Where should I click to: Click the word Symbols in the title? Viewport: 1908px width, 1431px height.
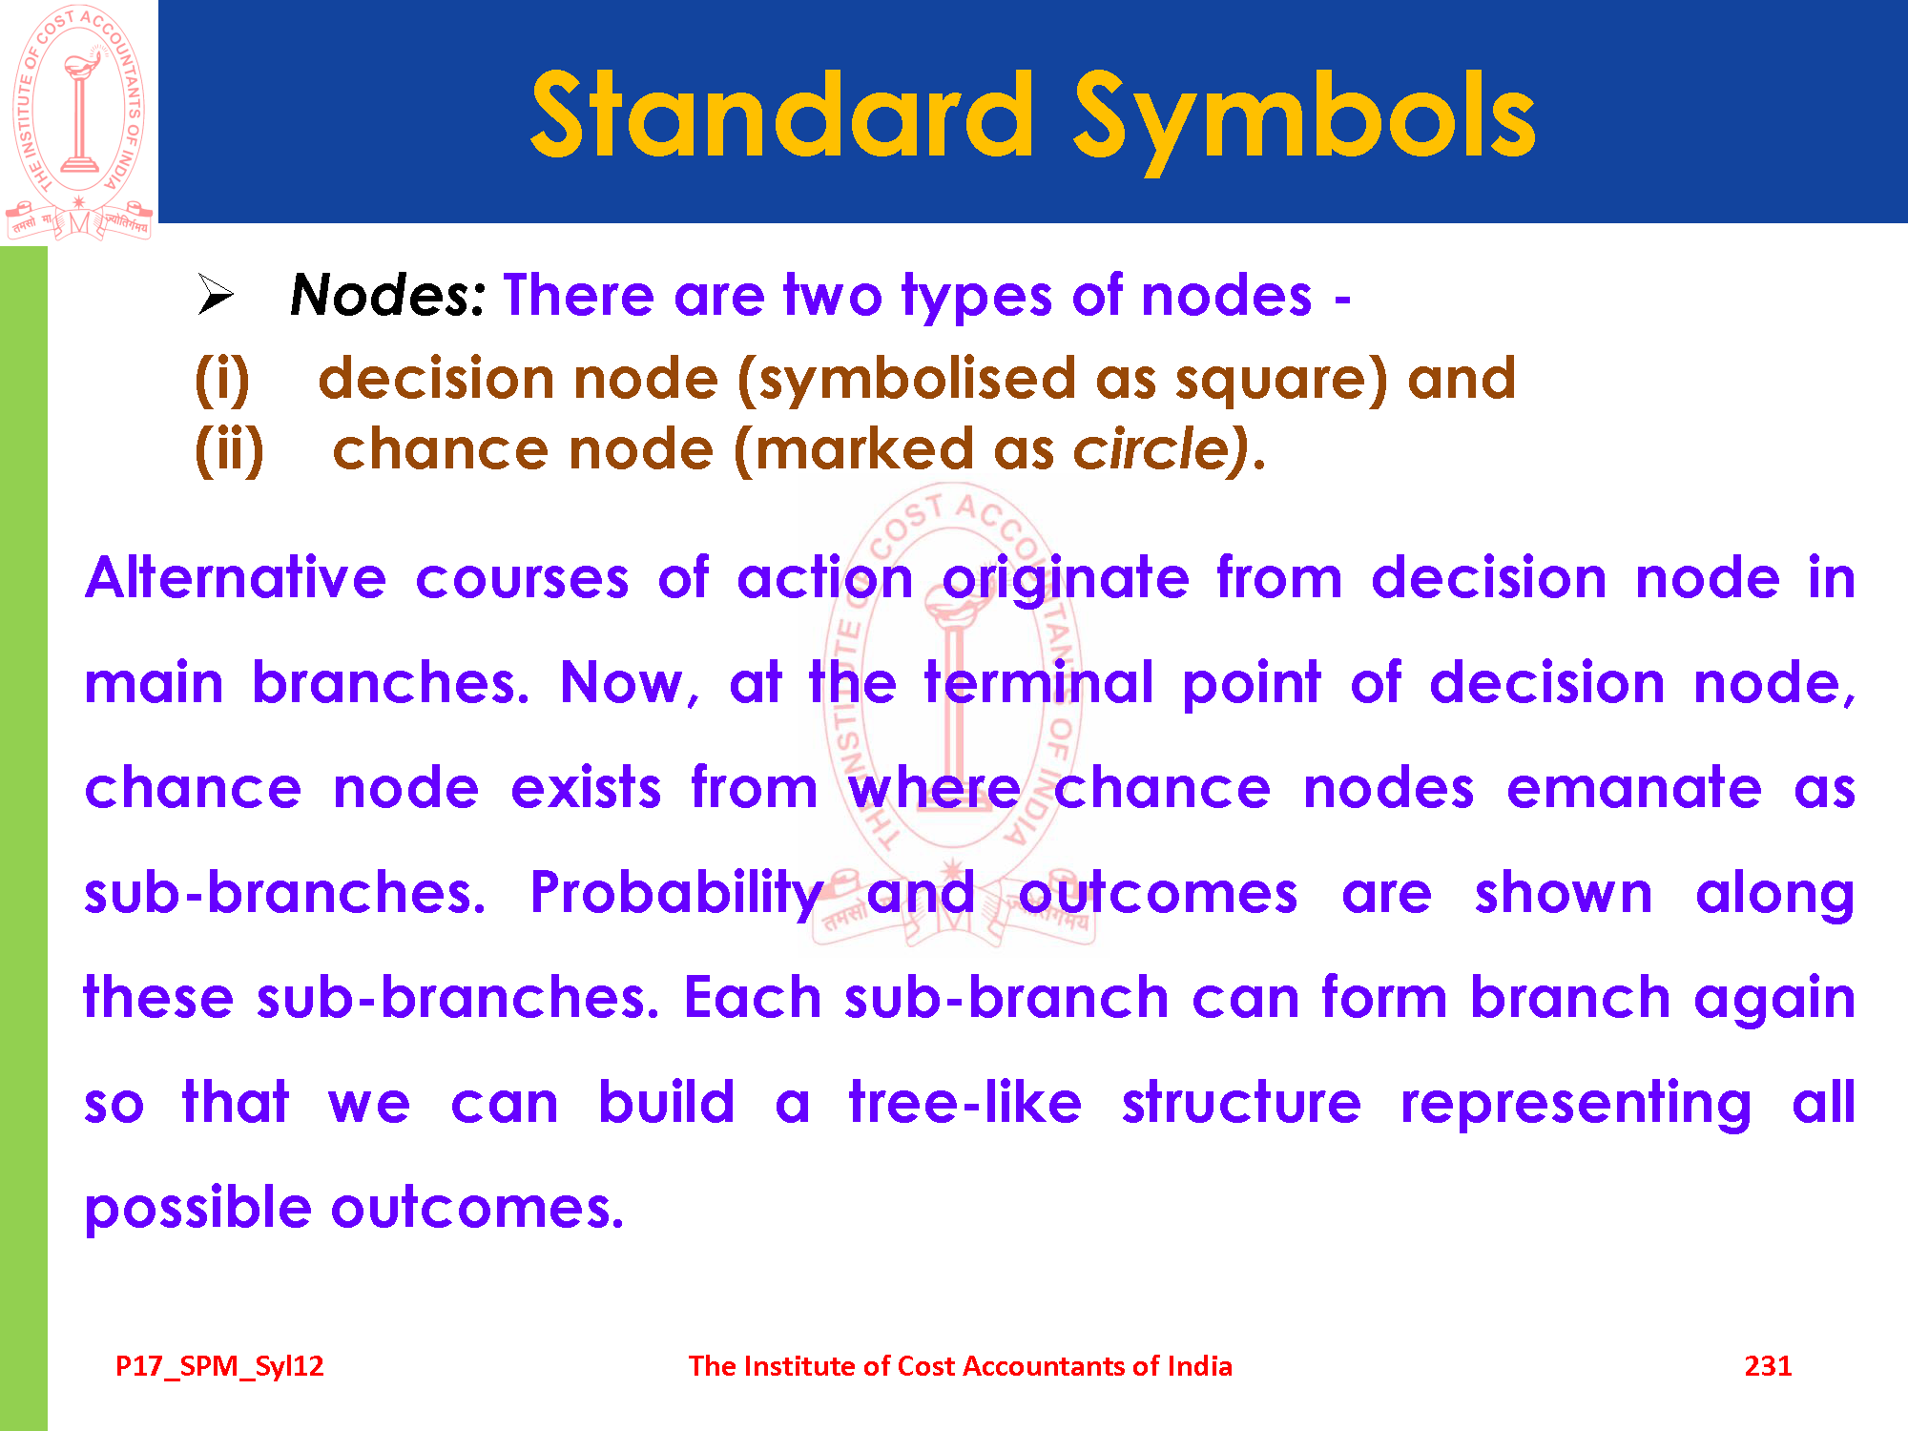[x=1304, y=121]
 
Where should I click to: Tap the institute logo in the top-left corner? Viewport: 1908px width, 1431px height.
[x=78, y=122]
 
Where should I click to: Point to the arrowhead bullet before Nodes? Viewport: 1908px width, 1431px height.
[x=216, y=294]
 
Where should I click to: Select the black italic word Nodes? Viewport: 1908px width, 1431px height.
[x=388, y=295]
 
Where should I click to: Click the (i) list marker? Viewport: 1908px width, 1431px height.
[x=222, y=379]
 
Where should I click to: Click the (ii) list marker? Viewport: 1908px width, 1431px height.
[x=229, y=449]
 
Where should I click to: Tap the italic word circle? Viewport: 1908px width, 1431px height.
[x=1154, y=449]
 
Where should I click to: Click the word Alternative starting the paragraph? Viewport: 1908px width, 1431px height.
[x=236, y=578]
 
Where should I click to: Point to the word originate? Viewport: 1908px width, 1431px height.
[x=1066, y=580]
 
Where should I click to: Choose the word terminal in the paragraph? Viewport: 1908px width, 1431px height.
[x=1039, y=683]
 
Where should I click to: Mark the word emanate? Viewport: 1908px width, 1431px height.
[x=1633, y=789]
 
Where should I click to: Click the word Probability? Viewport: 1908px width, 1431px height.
[x=677, y=895]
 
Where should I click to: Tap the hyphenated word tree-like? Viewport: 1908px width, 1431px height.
[x=964, y=1103]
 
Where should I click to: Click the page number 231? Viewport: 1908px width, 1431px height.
[x=1768, y=1366]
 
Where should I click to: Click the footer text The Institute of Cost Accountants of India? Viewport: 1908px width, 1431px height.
[x=960, y=1366]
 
